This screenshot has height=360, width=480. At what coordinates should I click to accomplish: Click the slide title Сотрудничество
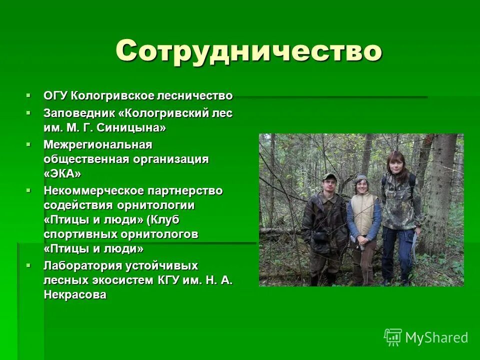(x=248, y=50)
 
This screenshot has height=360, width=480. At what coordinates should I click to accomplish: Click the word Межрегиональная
(x=97, y=144)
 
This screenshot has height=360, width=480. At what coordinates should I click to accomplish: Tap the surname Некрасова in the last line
(x=75, y=295)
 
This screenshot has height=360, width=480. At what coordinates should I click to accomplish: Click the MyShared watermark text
(x=436, y=338)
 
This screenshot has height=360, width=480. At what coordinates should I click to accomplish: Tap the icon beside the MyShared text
(x=393, y=337)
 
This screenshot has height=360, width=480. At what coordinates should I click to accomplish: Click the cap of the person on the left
(x=329, y=176)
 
